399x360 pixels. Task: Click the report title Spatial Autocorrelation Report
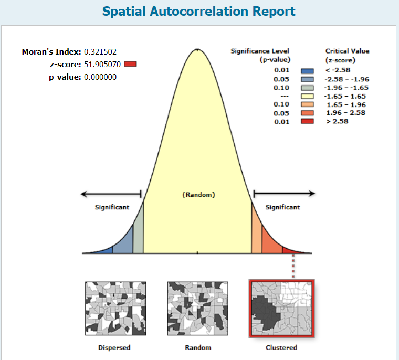tap(198, 11)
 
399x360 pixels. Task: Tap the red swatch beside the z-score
tap(131, 65)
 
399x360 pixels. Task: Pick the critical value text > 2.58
tap(338, 121)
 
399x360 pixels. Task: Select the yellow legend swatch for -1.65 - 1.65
tap(307, 96)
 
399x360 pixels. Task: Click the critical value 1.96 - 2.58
tap(345, 113)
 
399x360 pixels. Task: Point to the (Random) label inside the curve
tap(198, 195)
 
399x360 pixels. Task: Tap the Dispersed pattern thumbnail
tap(115, 308)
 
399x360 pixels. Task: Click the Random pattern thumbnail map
tap(198, 308)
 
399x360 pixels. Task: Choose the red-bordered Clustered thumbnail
tap(282, 309)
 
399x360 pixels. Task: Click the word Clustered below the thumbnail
tap(282, 347)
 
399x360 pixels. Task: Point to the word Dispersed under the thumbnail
tap(114, 347)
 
